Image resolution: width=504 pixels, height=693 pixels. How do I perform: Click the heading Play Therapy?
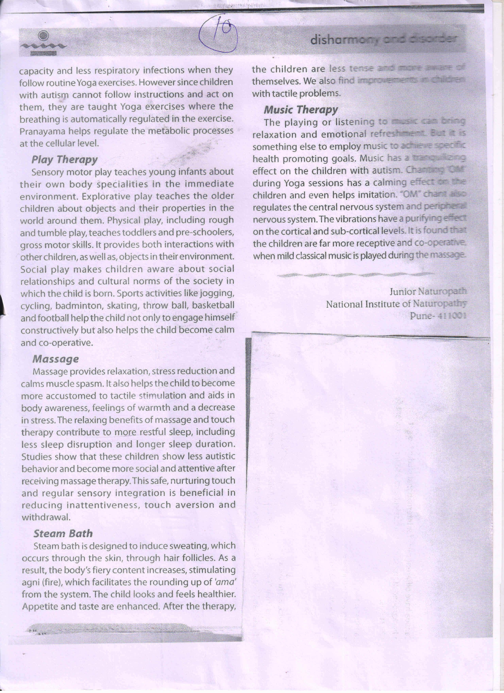[x=64, y=159]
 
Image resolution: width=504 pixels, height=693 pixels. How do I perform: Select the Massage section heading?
[x=55, y=359]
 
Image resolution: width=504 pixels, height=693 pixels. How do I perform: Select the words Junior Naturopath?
[x=428, y=291]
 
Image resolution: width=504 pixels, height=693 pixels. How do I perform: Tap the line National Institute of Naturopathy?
[x=396, y=304]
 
